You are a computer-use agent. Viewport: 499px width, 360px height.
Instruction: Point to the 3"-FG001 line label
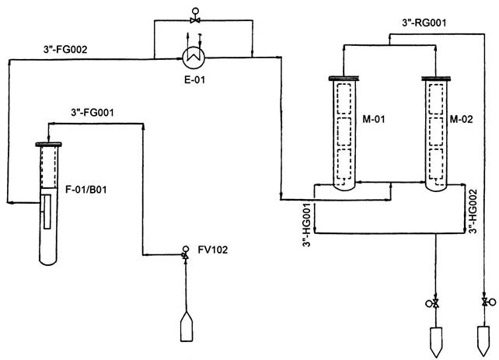92,112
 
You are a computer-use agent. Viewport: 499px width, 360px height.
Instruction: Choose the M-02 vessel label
464,120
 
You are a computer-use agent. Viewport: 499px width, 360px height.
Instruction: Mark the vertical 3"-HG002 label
473,211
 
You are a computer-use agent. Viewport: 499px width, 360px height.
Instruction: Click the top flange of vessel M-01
343,77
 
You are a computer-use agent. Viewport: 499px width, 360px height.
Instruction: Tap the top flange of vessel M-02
435,77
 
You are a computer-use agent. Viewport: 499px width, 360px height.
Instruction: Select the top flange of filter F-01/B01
47,143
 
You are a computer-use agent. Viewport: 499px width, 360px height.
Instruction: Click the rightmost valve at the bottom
485,301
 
